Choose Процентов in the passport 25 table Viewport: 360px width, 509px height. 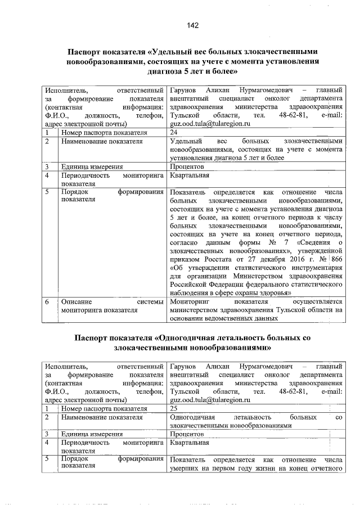(x=186, y=435)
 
